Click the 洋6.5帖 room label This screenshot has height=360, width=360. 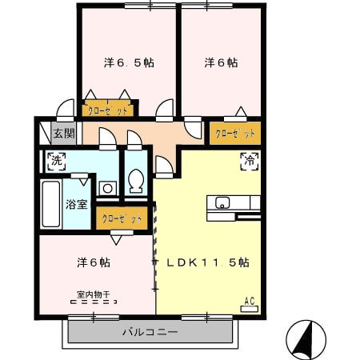(128, 62)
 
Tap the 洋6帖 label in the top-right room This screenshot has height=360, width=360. (220, 62)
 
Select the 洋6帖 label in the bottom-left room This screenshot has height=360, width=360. (94, 262)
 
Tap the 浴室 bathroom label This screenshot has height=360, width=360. (77, 203)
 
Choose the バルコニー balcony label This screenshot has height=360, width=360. (150, 330)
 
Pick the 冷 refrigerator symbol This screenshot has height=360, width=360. (249, 161)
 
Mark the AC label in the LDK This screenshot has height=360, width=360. (249, 301)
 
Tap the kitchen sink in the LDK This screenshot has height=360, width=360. (222, 202)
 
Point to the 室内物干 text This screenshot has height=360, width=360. (94, 294)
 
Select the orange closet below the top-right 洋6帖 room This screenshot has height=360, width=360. (235, 132)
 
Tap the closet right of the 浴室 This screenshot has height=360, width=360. (121, 217)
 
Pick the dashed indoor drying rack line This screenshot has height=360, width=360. (94, 303)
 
